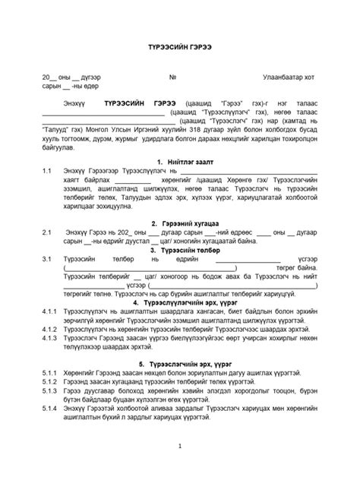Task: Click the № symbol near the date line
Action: coord(172,77)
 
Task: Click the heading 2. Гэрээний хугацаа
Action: coord(185,223)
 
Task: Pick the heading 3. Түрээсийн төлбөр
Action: coord(185,250)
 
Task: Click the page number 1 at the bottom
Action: coord(179,446)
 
